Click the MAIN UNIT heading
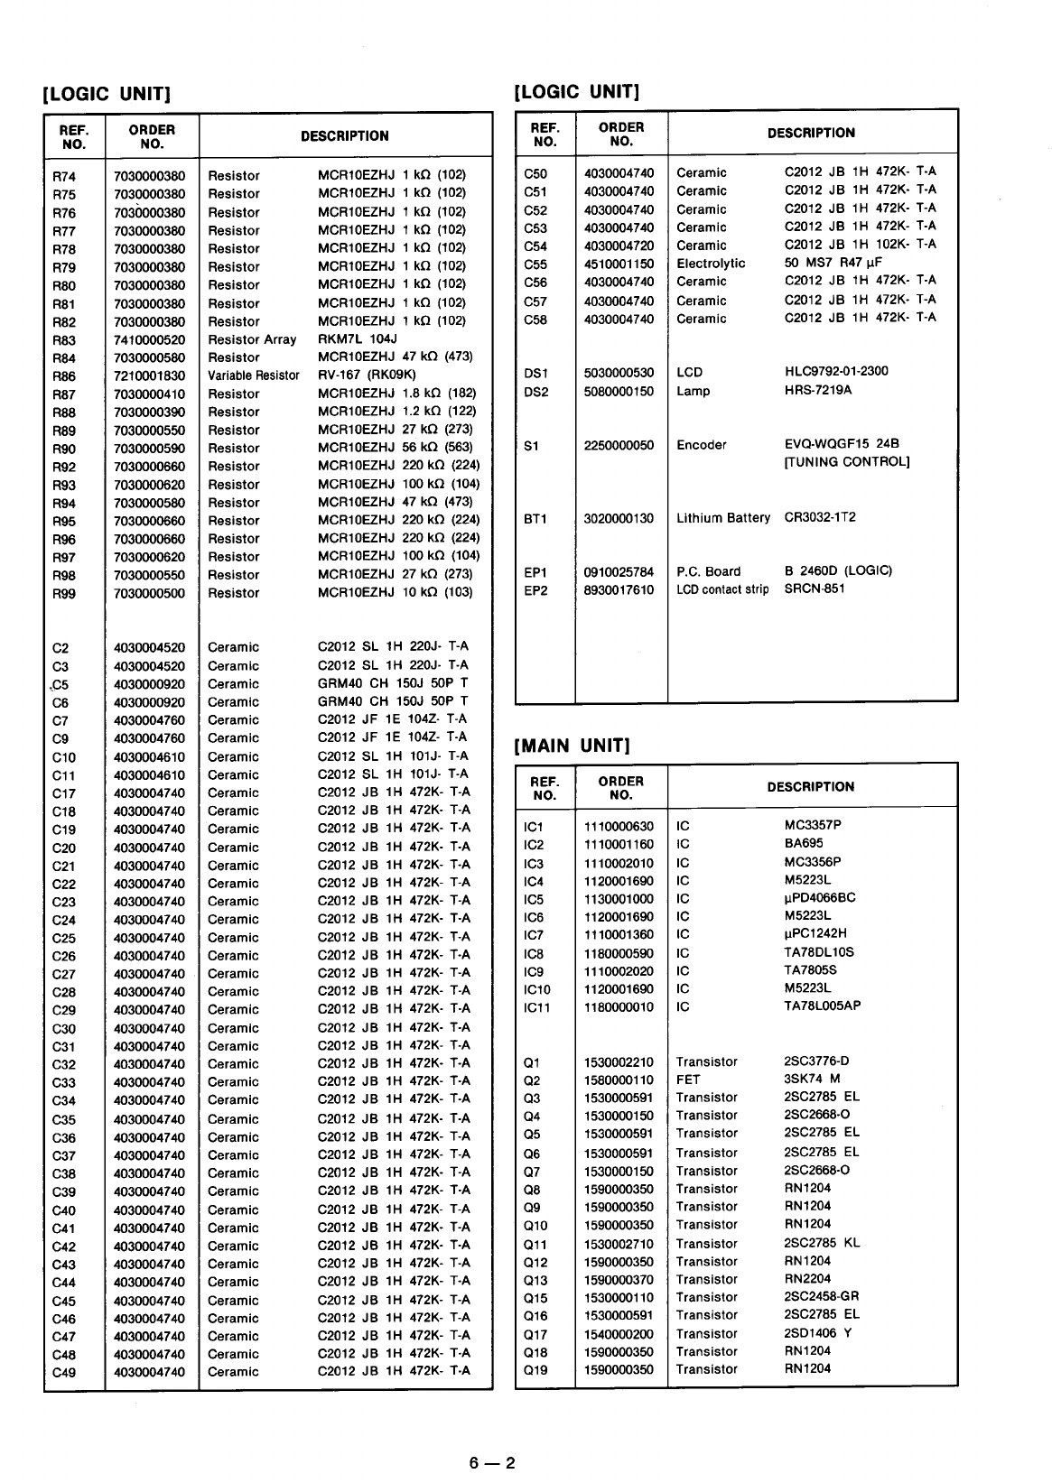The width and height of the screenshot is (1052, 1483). [x=572, y=746]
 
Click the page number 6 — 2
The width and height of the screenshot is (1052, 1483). [x=492, y=1463]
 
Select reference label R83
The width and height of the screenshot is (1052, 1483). [x=64, y=340]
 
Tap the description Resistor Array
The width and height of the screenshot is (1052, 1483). [x=252, y=339]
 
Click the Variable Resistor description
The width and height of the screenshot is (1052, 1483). [x=254, y=375]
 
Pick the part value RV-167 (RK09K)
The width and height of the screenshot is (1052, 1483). [x=367, y=375]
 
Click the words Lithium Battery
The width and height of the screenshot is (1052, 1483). [x=723, y=518]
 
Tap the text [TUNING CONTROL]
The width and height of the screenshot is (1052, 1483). [x=847, y=462]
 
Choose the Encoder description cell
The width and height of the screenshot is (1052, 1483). [x=702, y=445]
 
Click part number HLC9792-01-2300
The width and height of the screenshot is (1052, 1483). [x=836, y=371]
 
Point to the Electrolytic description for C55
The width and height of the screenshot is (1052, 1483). [x=711, y=264]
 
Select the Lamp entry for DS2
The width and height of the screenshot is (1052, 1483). [x=694, y=391]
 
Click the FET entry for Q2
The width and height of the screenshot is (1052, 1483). [x=688, y=1080]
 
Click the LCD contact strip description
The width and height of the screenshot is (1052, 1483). [x=722, y=590]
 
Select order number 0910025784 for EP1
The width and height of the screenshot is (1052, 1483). [x=619, y=572]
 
